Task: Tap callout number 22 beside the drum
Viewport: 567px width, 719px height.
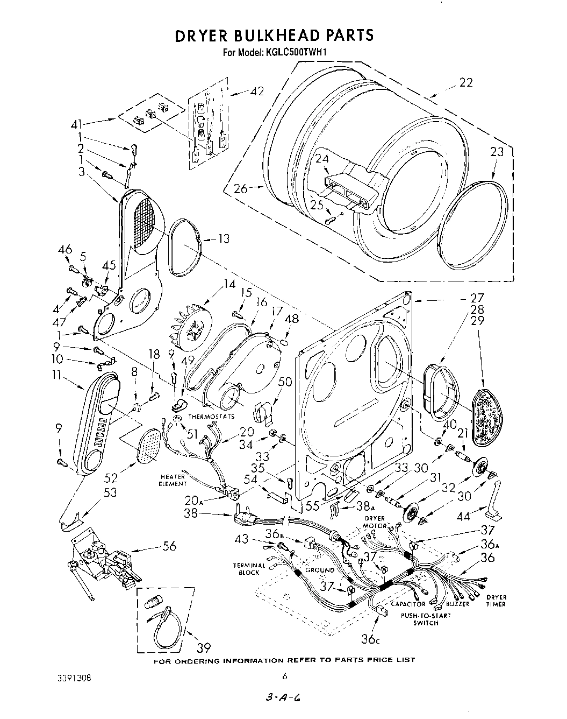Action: [466, 82]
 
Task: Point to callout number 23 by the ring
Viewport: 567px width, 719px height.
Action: [497, 152]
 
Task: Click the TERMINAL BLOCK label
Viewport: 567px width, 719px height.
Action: [249, 569]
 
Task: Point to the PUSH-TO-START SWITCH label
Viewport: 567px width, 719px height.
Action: [425, 619]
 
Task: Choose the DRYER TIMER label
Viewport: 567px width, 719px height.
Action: [496, 601]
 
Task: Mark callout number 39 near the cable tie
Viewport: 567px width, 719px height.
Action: [203, 646]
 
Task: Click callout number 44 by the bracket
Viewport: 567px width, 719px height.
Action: [462, 516]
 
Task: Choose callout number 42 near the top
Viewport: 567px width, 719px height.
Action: [256, 91]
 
